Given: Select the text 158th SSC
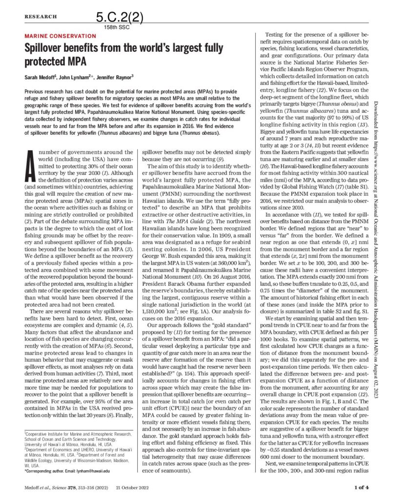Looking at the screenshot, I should click(116, 27).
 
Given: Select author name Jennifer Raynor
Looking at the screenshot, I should click(117, 78).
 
